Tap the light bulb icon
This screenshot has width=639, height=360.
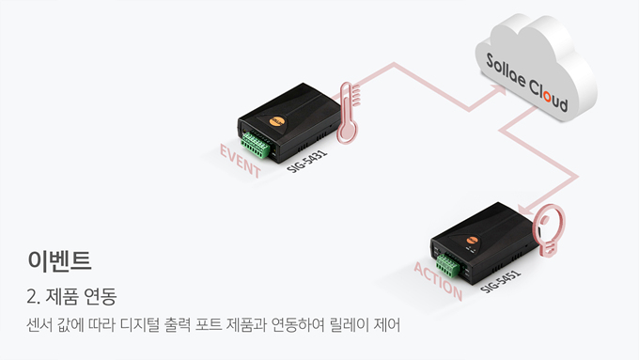551,228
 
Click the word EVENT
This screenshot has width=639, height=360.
240,161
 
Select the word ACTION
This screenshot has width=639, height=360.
438,281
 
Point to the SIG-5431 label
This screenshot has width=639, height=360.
307,161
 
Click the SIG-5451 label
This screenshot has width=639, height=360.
501,281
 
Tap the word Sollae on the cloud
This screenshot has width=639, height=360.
506,70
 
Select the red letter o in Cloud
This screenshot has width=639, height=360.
547,97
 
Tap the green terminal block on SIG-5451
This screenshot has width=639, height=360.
448,265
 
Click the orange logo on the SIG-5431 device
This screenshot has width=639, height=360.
276,121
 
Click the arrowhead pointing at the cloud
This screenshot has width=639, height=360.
499,90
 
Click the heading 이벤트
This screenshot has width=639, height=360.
59,260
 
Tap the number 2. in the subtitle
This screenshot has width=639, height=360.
33,296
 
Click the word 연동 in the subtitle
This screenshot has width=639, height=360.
100,296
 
